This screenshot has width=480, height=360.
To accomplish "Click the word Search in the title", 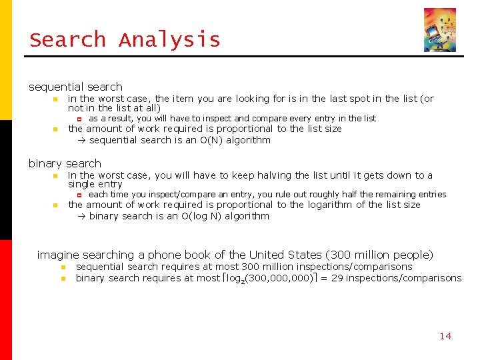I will pos(67,40).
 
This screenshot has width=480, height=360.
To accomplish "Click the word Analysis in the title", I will pos(169,40).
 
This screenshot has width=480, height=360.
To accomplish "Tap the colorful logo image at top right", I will pos(440,30).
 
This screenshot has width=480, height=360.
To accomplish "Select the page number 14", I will pos(445,336).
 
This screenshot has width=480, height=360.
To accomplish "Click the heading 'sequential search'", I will pos(75,87).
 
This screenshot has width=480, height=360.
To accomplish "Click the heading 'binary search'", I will pos(65,163).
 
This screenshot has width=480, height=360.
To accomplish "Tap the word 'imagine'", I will pos(58,255).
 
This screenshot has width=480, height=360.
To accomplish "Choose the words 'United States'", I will pos(285,255).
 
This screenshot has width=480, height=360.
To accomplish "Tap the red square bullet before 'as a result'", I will pos(79,119).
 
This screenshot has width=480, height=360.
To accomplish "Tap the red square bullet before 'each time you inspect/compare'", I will pos(79,195).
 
